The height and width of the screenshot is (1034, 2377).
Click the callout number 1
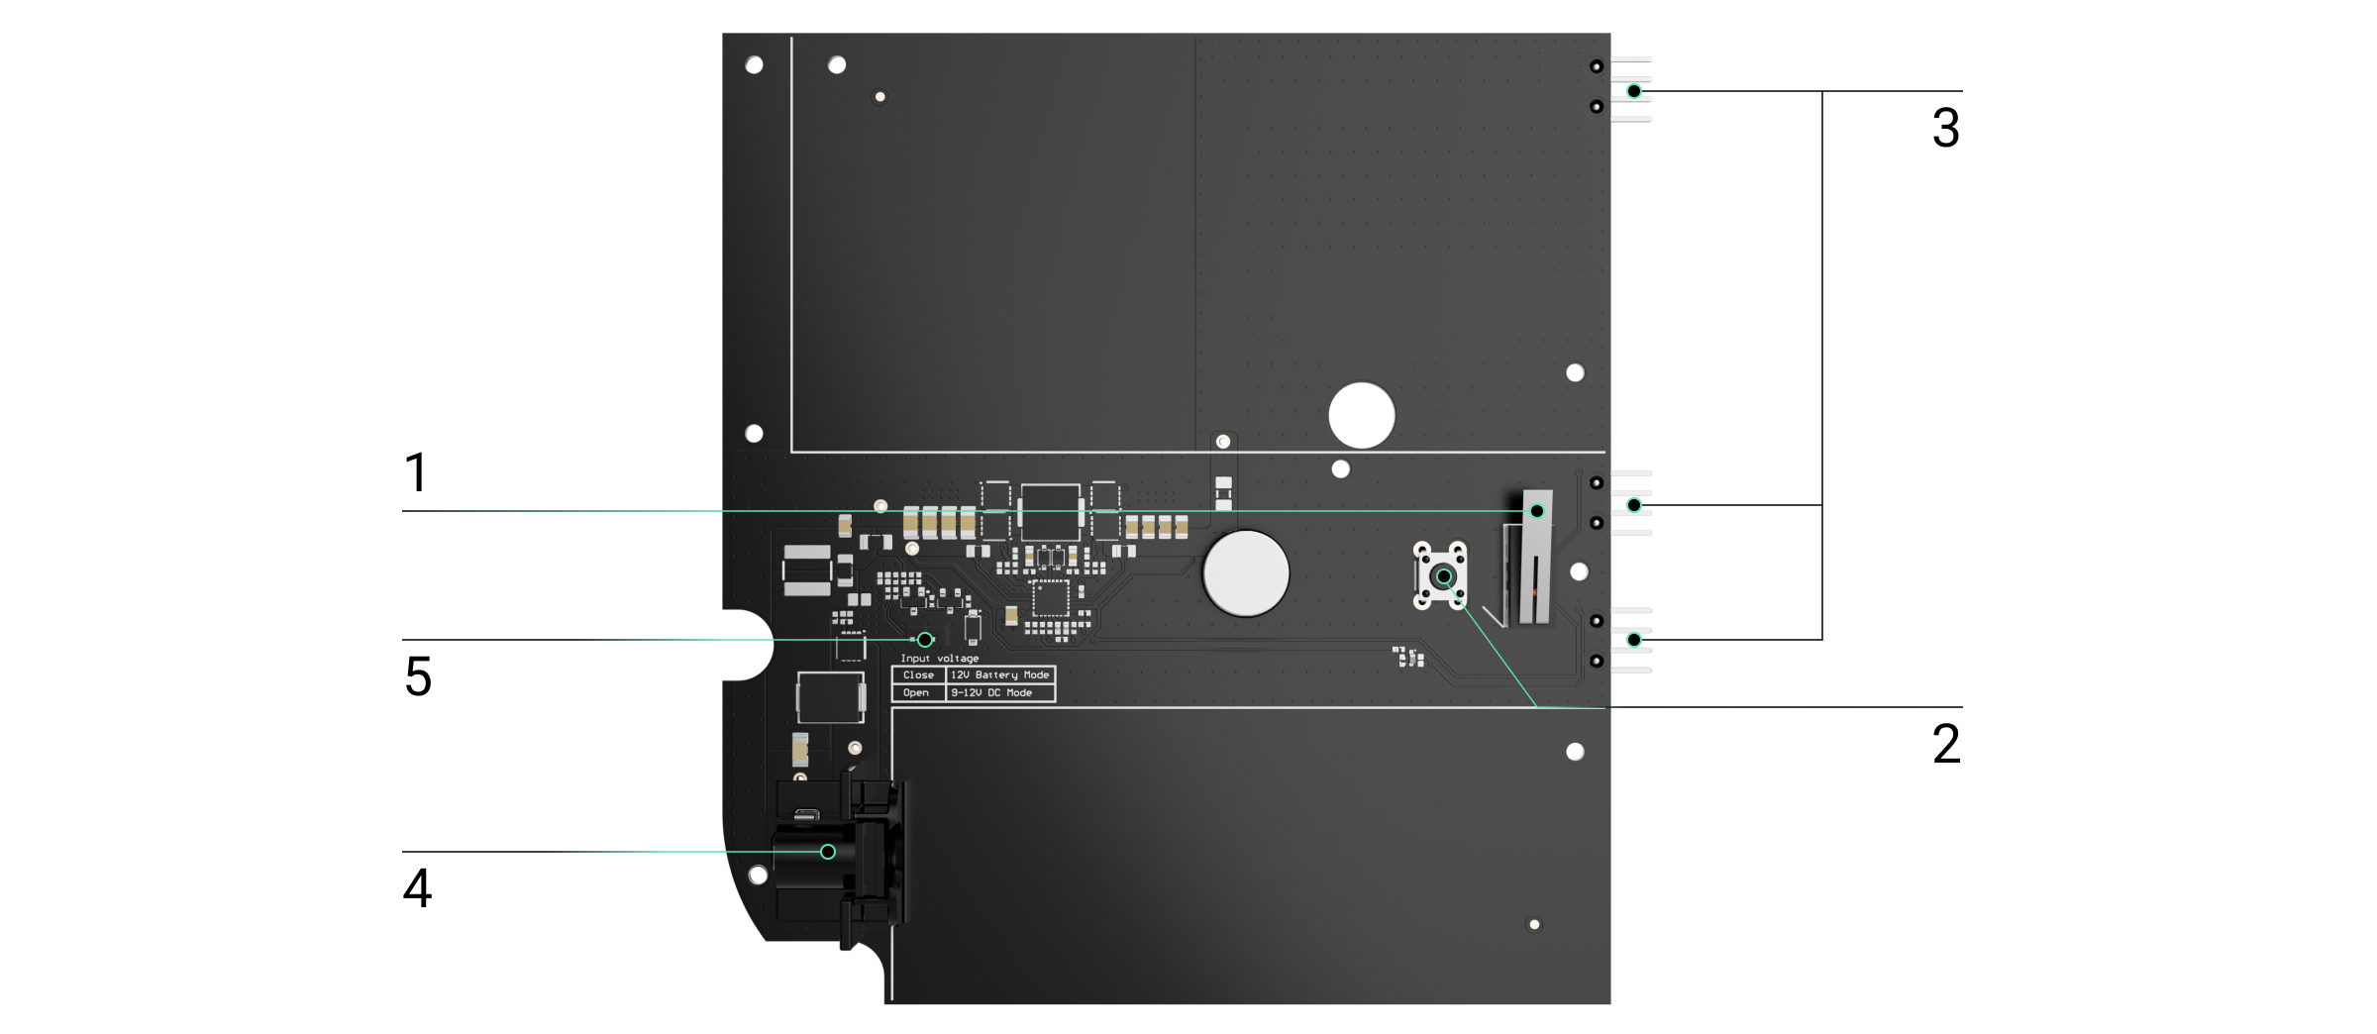tap(416, 472)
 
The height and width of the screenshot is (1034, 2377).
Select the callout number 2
tap(1945, 744)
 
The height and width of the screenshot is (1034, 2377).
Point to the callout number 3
tap(1945, 129)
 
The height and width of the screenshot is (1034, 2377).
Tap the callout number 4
tap(417, 888)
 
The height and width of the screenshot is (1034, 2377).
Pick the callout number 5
tap(418, 677)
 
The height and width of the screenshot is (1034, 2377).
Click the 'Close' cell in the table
tap(918, 675)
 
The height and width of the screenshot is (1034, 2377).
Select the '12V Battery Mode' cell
tap(999, 675)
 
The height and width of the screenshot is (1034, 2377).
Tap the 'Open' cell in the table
tap(916, 693)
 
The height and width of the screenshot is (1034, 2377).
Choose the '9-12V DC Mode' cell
tap(991, 693)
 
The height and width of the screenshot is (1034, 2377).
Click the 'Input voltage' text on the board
tap(939, 659)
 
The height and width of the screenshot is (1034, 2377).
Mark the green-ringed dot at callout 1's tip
tap(1537, 511)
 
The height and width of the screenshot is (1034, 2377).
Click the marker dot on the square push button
tap(1444, 576)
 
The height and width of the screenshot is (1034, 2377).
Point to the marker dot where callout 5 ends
tap(925, 640)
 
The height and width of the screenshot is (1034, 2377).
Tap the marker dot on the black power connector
tap(828, 852)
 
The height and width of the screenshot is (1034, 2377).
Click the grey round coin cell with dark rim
tap(1246, 573)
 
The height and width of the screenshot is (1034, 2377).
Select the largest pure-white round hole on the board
tap(1362, 416)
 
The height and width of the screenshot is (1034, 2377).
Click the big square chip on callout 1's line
tap(1050, 511)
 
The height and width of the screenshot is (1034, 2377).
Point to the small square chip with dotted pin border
tap(1051, 598)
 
